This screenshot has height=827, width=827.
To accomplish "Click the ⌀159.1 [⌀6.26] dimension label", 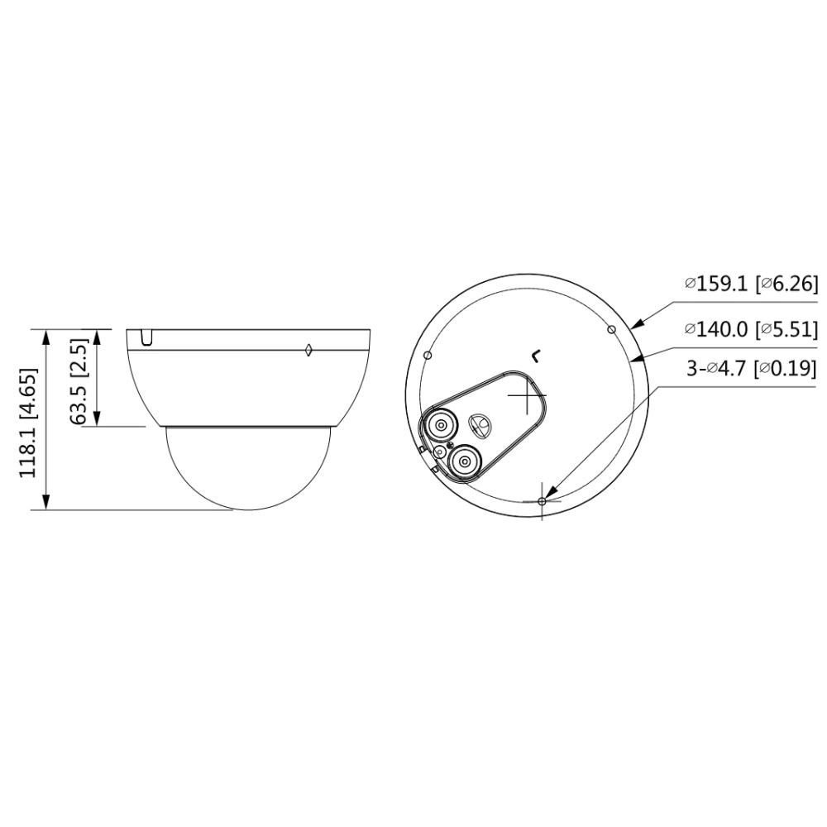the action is [x=752, y=284].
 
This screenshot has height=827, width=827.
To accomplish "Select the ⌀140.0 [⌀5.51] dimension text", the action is [x=752, y=330].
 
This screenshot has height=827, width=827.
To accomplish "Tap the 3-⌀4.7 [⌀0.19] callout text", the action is [x=752, y=368].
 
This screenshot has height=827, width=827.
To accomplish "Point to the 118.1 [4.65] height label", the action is [x=28, y=423].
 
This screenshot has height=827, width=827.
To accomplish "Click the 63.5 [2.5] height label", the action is [x=78, y=381].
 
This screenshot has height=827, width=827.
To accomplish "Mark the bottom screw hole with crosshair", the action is [x=542, y=501].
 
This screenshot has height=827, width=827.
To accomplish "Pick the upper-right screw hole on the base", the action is [x=611, y=330].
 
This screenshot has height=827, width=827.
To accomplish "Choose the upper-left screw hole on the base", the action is [x=428, y=356].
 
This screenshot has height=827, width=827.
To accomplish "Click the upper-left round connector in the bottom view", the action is [x=440, y=423].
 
